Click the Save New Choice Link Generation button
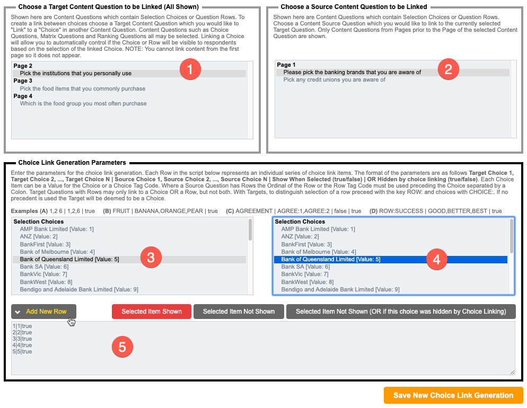tap(453, 395)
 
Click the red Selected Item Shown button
tap(151, 312)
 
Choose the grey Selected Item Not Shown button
tap(239, 312)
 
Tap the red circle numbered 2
tap(448, 69)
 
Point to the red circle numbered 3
tap(151, 258)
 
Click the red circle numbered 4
tap(437, 259)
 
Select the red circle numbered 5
tap(122, 347)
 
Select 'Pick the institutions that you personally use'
tap(75, 74)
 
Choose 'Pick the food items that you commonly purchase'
tap(82, 88)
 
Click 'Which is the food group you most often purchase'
tap(83, 103)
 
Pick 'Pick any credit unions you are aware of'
tap(334, 79)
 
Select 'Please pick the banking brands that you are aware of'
tap(352, 72)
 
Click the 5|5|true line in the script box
tap(22, 351)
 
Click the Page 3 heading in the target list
tap(23, 81)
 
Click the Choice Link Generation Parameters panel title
tap(72, 163)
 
